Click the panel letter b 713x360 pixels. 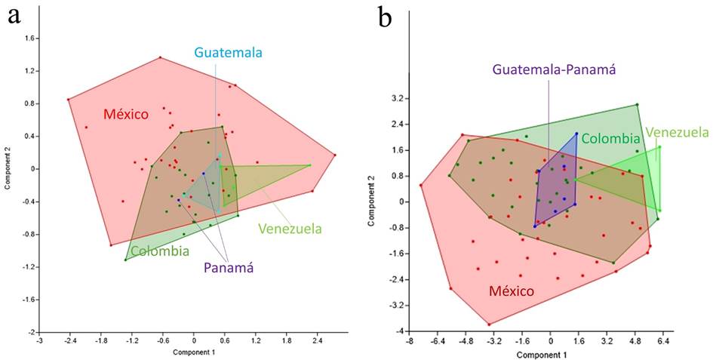[386, 17]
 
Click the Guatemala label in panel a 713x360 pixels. [228, 53]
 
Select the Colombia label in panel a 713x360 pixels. [159, 251]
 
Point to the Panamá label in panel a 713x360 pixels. [228, 267]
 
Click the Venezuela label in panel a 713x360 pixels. [290, 229]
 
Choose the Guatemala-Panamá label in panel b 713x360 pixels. [555, 70]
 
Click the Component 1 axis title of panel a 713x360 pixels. [195, 352]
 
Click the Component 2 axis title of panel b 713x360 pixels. [371, 202]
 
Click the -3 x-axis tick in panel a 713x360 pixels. [39, 341]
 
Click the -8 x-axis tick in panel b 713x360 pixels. [409, 341]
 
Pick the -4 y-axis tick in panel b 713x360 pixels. [398, 331]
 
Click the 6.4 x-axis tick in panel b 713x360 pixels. [664, 341]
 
